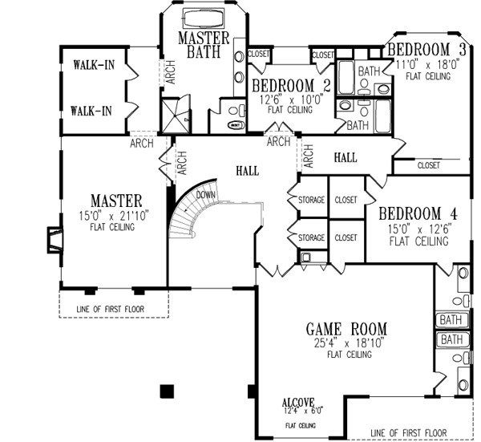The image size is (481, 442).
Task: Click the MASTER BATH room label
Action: (204, 46)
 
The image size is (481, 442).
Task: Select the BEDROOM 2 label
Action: (291, 86)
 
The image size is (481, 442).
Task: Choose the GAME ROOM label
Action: (346, 328)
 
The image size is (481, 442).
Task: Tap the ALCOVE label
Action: (297, 401)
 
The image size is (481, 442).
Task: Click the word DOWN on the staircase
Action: (206, 194)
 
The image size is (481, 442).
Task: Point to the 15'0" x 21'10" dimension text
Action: (116, 216)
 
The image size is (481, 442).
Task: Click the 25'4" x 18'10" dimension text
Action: (346, 343)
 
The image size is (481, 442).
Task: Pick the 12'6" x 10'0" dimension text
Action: (289, 99)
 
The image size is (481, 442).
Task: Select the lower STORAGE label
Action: (311, 238)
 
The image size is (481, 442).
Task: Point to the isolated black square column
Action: (166, 391)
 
